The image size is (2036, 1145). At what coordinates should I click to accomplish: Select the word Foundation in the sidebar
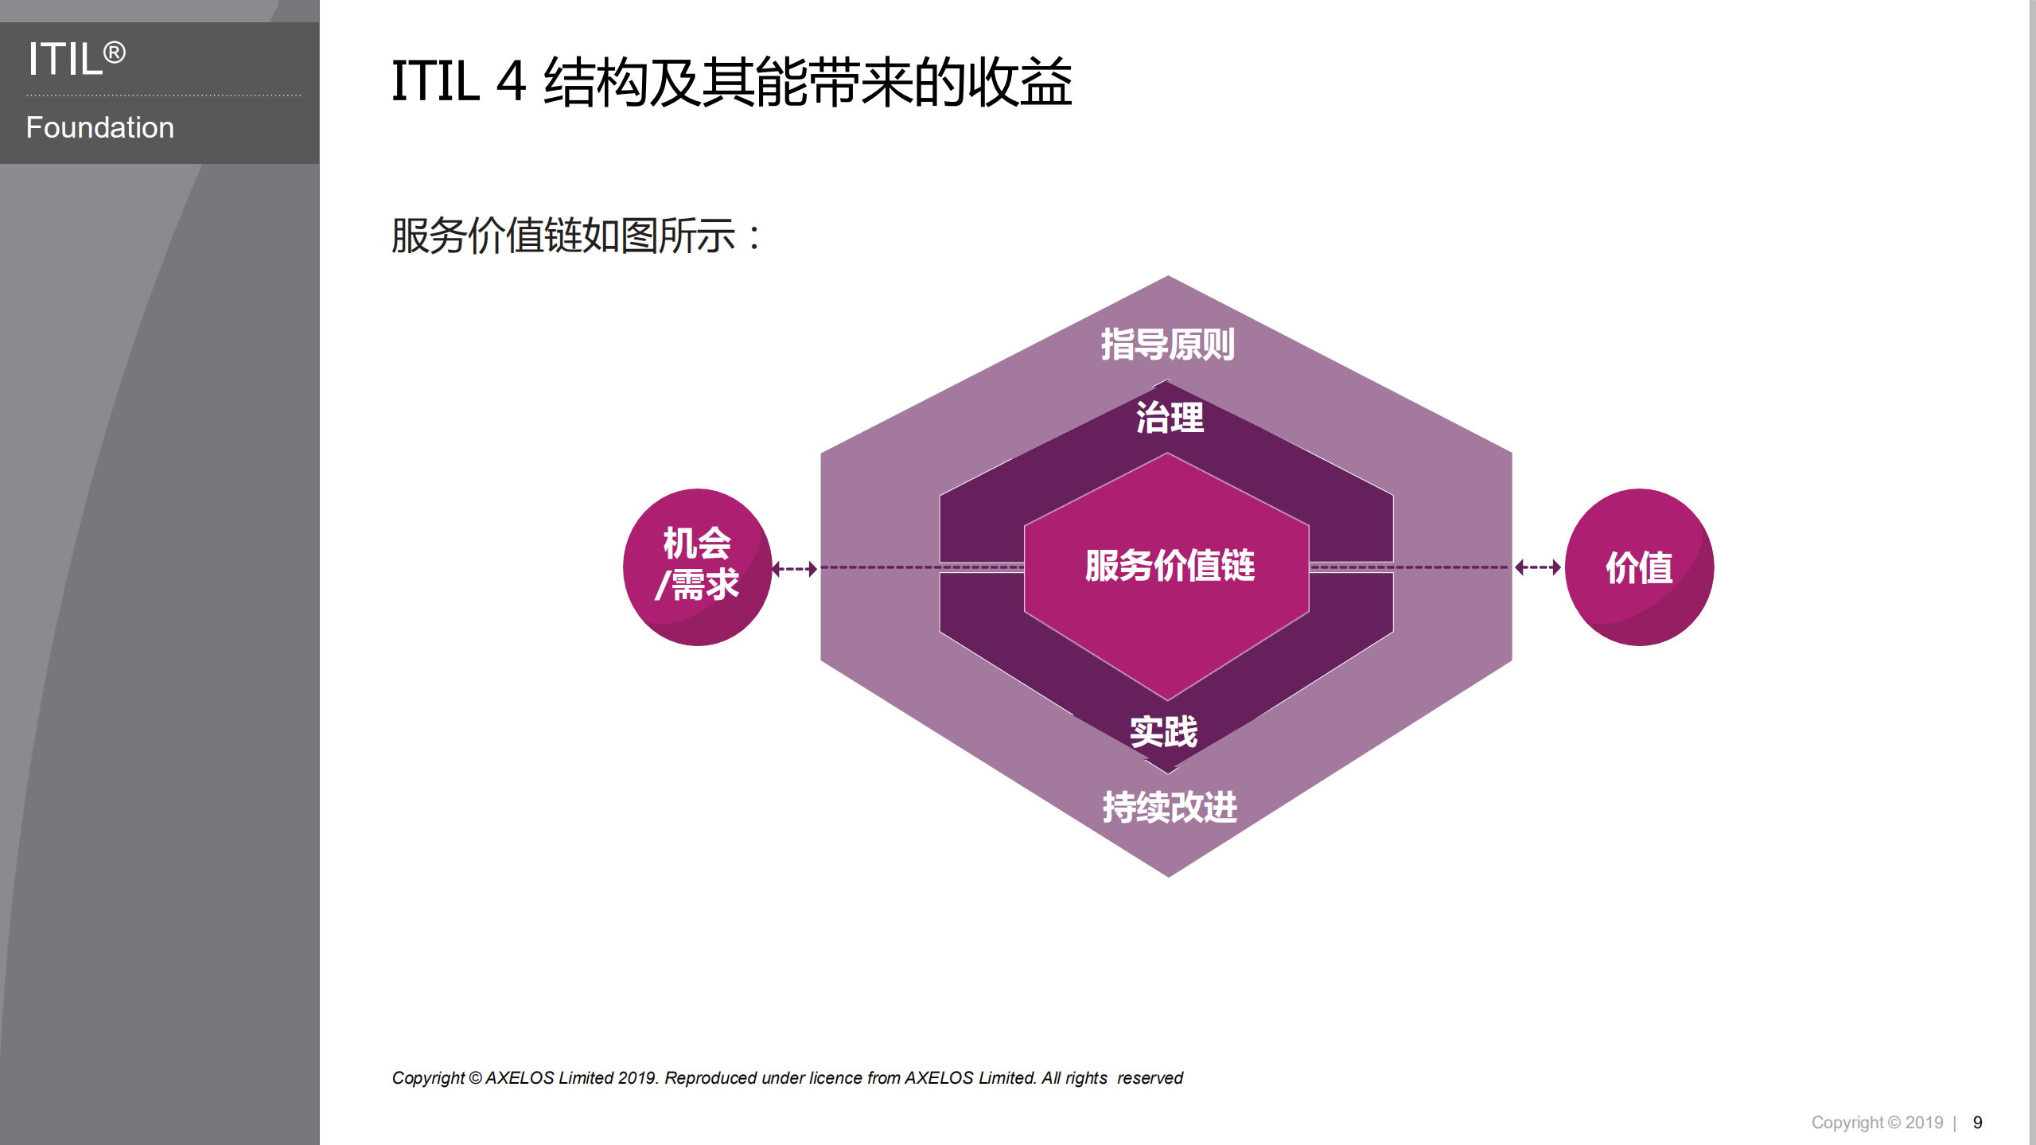99,127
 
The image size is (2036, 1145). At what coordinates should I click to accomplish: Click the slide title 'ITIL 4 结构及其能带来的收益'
731,82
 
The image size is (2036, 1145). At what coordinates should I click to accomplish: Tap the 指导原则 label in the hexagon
1167,345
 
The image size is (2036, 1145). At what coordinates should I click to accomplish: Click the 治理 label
1169,418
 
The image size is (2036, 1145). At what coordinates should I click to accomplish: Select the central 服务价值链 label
1169,566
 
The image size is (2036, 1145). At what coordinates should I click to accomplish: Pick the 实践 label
1163,731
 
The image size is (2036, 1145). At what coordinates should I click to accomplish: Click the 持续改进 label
1169,807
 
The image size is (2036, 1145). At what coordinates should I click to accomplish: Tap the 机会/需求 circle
697,567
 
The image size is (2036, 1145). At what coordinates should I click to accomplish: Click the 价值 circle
1639,567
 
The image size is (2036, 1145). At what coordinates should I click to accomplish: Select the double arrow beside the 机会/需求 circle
795,568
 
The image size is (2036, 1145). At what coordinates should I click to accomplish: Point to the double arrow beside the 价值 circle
1537,567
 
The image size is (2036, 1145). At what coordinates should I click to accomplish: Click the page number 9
1977,1122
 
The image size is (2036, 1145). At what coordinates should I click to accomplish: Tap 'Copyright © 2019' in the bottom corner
1877,1122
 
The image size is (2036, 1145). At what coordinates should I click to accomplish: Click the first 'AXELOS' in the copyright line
520,1077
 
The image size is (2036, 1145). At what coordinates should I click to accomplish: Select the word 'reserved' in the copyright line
1150,1077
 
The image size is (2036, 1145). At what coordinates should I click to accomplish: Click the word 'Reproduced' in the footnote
710,1077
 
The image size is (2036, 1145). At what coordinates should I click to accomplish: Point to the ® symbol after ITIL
115,53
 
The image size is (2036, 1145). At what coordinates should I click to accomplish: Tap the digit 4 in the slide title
512,82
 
